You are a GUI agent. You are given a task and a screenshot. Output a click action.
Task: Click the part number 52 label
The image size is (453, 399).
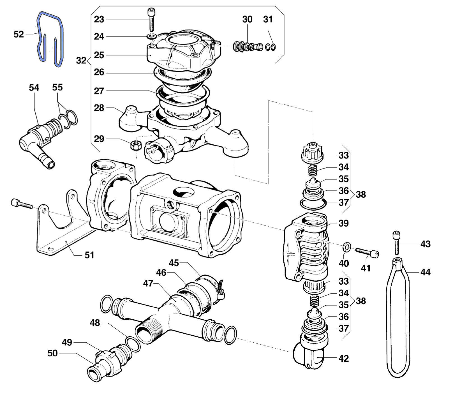(x=19, y=34)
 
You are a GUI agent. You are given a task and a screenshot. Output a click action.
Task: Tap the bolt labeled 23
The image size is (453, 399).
(x=151, y=20)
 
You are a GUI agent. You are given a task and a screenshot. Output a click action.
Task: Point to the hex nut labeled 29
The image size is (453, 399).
(x=135, y=145)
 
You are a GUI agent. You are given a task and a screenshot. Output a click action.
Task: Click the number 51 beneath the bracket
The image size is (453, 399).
(x=89, y=255)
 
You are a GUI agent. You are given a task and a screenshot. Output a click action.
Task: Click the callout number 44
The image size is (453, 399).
(x=425, y=272)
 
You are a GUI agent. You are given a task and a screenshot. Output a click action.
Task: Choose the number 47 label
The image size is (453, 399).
(x=148, y=283)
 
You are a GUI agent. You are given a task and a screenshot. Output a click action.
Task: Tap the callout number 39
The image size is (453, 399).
(x=343, y=223)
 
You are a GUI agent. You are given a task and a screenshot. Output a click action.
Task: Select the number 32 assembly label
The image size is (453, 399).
(x=81, y=60)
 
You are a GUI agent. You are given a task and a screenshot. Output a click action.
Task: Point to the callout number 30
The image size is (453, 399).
(x=247, y=19)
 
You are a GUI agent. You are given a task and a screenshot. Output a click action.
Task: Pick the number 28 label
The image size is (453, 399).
(x=99, y=108)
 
